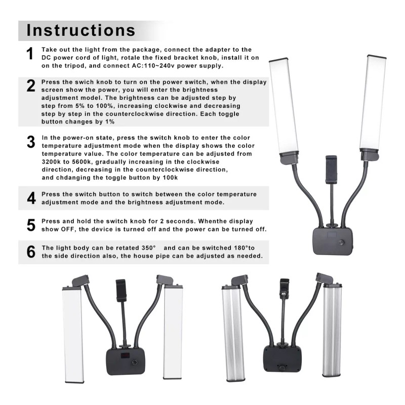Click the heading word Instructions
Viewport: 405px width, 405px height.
[81, 30]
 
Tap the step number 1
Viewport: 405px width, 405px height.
[30, 54]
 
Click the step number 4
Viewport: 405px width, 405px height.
[31, 198]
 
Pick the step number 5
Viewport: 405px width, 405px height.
[31, 225]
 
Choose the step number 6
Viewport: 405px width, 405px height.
[31, 252]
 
